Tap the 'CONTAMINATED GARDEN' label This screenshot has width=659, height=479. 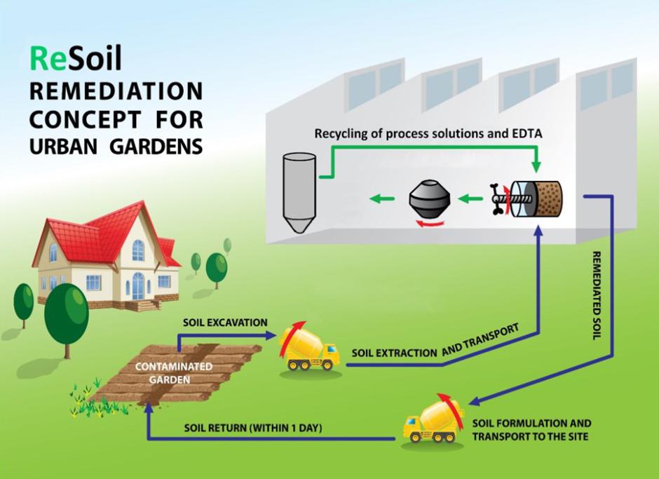coord(163,373)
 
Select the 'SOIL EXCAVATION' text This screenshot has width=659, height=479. coord(225,323)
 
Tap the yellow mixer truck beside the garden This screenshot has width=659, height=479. coord(308,349)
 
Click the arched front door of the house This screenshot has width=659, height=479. coord(138,285)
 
